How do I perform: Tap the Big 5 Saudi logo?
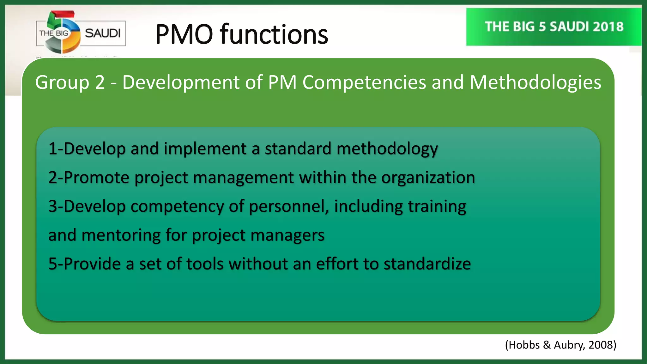tap(81, 33)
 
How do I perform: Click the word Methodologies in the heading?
tap(535, 83)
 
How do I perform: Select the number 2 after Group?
tap(100, 83)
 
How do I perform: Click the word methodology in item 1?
tap(387, 149)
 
